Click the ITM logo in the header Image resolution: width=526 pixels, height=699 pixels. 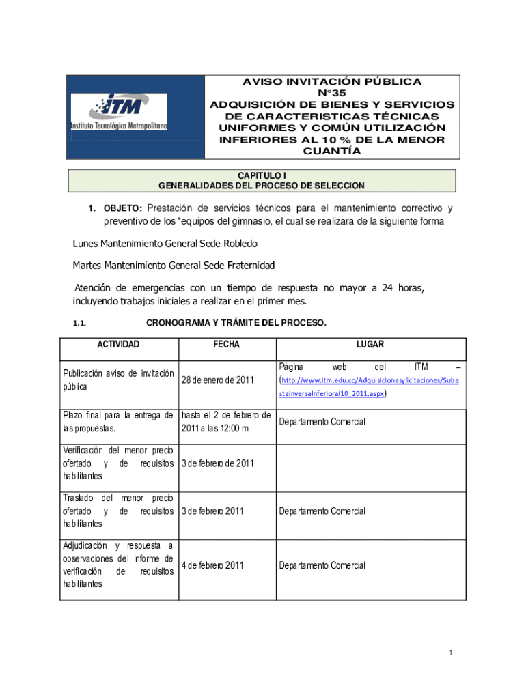coord(119,113)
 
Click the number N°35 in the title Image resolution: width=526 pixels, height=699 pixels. coord(331,93)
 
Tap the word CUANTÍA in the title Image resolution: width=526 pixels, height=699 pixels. coord(331,152)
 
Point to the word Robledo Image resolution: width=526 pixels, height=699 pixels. coord(238,243)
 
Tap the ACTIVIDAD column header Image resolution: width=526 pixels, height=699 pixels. coord(119,345)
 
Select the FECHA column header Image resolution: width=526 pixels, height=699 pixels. coord(226,345)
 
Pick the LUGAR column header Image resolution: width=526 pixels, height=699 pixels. coord(370,345)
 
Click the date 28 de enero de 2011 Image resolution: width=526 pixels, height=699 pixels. coord(218,380)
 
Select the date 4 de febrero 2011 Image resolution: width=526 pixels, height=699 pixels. coord(212,565)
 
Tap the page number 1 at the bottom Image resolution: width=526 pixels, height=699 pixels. coord(451,653)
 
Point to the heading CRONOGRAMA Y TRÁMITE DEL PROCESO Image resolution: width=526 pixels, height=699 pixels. coord(236,323)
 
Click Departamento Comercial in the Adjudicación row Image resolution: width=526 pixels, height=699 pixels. coord(321,565)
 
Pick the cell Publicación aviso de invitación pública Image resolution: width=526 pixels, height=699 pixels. coord(117,380)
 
